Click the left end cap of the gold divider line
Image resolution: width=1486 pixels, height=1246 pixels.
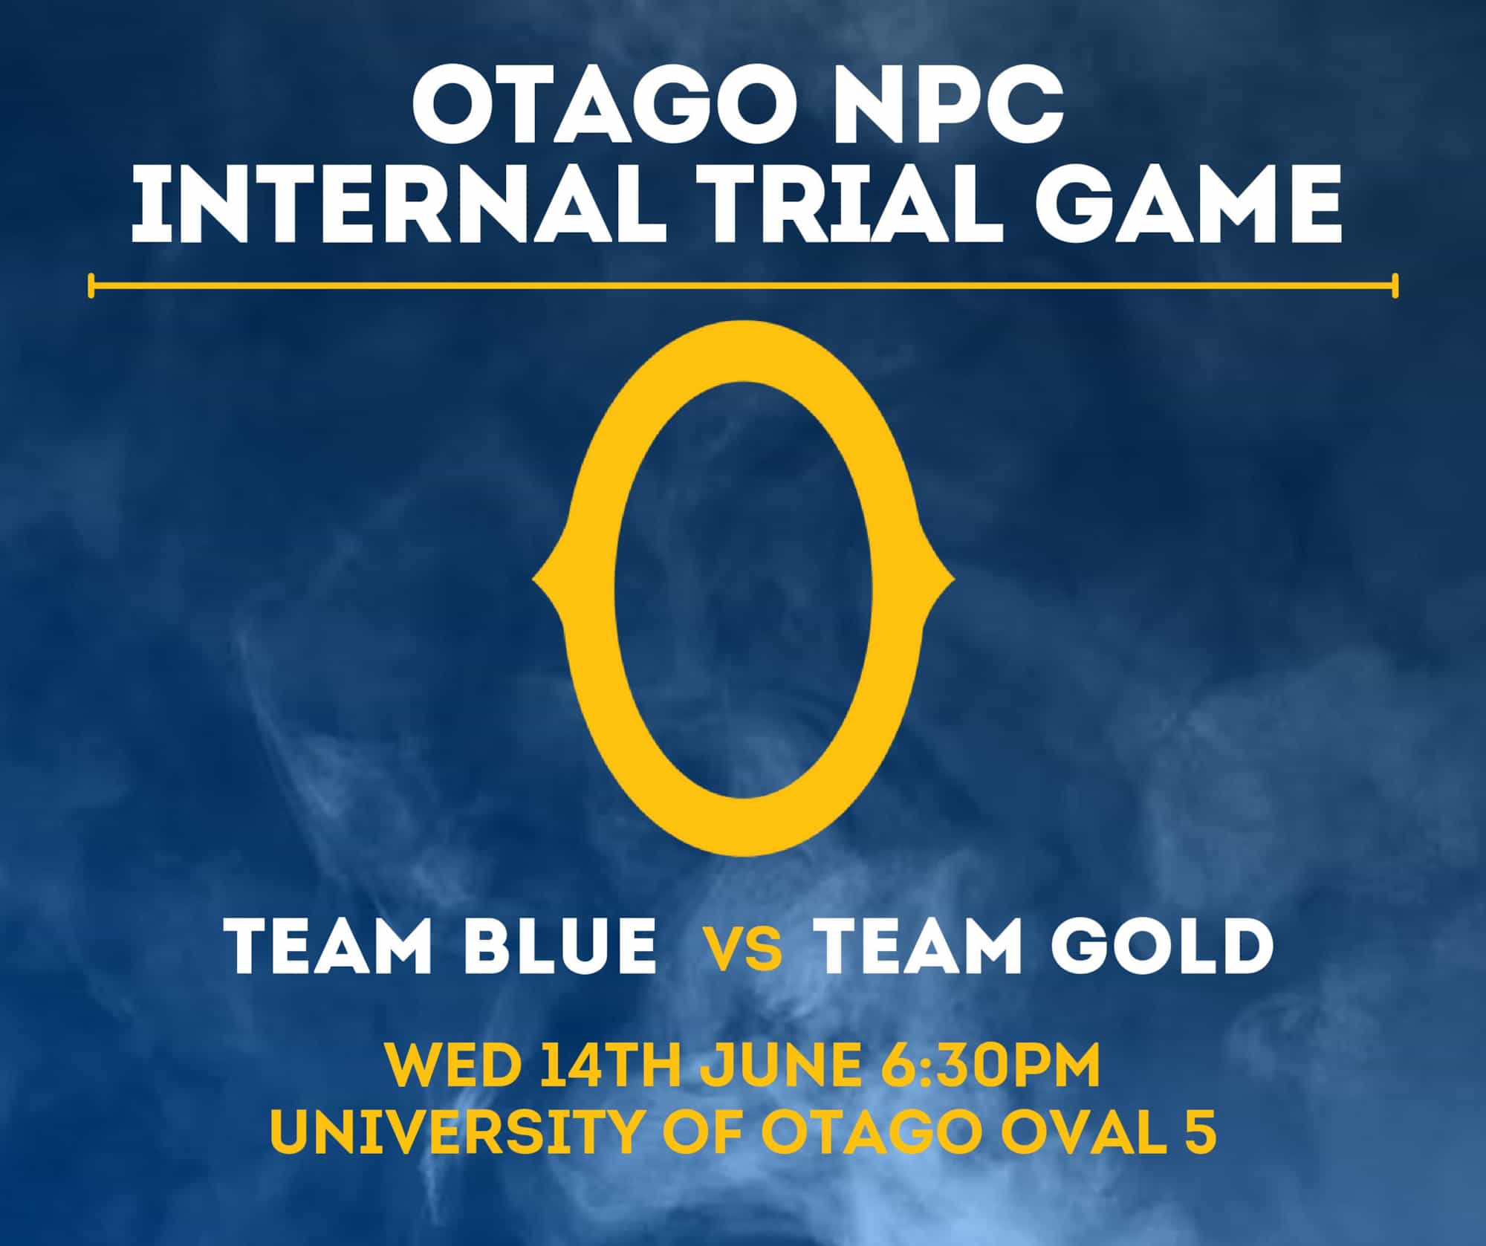(x=91, y=285)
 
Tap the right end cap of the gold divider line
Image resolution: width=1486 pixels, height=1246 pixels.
(x=1395, y=285)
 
